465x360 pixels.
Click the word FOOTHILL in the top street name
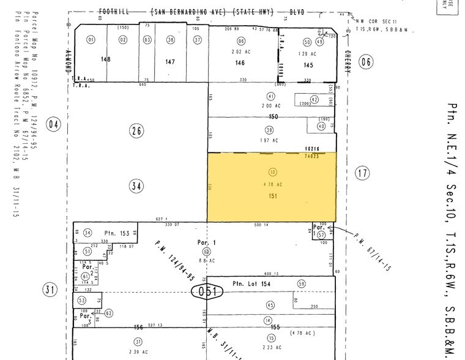[116, 12]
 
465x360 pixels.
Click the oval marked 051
[206, 291]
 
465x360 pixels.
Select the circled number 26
[136, 130]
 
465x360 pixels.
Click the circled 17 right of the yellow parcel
[362, 173]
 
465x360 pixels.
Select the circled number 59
[300, 284]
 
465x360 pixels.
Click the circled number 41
[270, 96]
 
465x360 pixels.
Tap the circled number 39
[269, 130]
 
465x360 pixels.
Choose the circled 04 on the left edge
[54, 125]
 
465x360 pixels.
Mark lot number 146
[240, 62]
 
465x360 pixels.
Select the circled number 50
[307, 42]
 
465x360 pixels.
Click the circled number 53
[82, 300]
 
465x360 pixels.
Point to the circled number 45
[270, 305]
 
